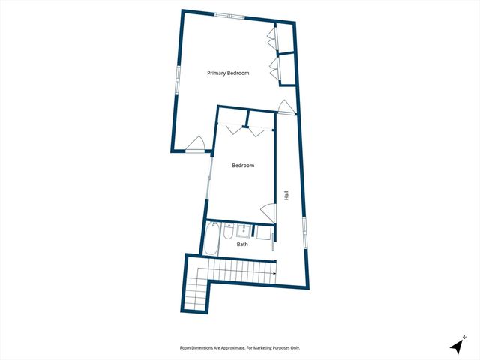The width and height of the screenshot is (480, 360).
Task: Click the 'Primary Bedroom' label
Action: pyautogui.click(x=228, y=73)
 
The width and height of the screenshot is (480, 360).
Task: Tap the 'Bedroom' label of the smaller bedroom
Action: pyautogui.click(x=243, y=166)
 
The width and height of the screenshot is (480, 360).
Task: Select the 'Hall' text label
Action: pyautogui.click(x=286, y=195)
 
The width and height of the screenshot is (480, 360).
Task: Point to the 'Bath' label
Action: pyautogui.click(x=242, y=244)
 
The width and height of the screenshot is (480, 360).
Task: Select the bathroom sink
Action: pyautogui.click(x=243, y=229)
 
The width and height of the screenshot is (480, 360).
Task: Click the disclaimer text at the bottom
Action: pyautogui.click(x=240, y=348)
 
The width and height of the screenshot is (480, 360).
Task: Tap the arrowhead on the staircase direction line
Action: pyautogui.click(x=274, y=272)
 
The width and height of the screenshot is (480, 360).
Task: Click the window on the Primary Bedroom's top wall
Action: pyautogui.click(x=229, y=16)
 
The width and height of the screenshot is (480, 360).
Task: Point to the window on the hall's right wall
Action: pyautogui.click(x=304, y=229)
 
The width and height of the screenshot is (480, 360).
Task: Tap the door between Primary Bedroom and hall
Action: pyautogui.click(x=286, y=107)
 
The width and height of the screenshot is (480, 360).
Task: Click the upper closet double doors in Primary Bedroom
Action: pyautogui.click(x=271, y=37)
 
